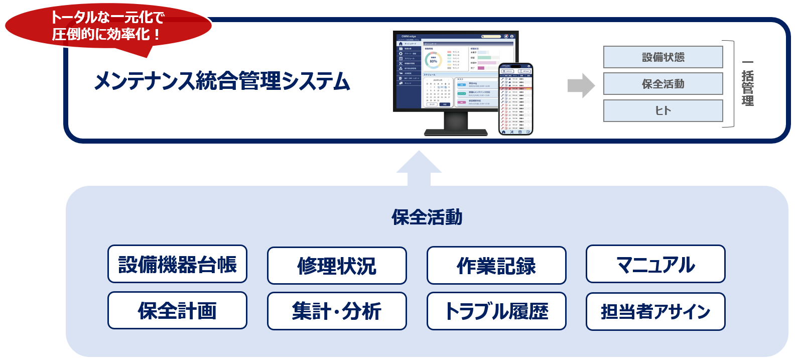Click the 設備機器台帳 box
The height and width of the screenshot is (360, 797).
point(177,264)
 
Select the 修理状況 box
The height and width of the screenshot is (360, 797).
point(337,266)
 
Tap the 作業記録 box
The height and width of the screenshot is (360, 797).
point(496,266)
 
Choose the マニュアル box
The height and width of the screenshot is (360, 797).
point(655,264)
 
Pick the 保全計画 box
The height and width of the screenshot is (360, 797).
point(177,310)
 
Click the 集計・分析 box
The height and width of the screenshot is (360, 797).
point(337,311)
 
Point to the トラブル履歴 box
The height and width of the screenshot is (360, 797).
point(496,311)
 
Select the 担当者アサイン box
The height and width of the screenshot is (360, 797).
point(655,311)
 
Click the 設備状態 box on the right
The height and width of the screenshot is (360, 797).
point(663,57)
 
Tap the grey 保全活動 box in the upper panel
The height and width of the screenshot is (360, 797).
point(663,84)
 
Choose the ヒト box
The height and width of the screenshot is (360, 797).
point(663,110)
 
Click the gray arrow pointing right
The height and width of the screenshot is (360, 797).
point(581,85)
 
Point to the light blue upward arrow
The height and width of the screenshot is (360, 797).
point(419,168)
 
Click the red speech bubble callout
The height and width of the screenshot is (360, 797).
point(108,28)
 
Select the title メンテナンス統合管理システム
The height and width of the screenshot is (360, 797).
point(222,81)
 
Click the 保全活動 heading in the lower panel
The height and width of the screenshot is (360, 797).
point(427,217)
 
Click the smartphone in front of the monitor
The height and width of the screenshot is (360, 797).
point(515,99)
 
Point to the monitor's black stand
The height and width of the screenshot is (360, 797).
point(456,126)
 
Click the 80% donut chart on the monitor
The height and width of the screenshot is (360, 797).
point(433,61)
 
